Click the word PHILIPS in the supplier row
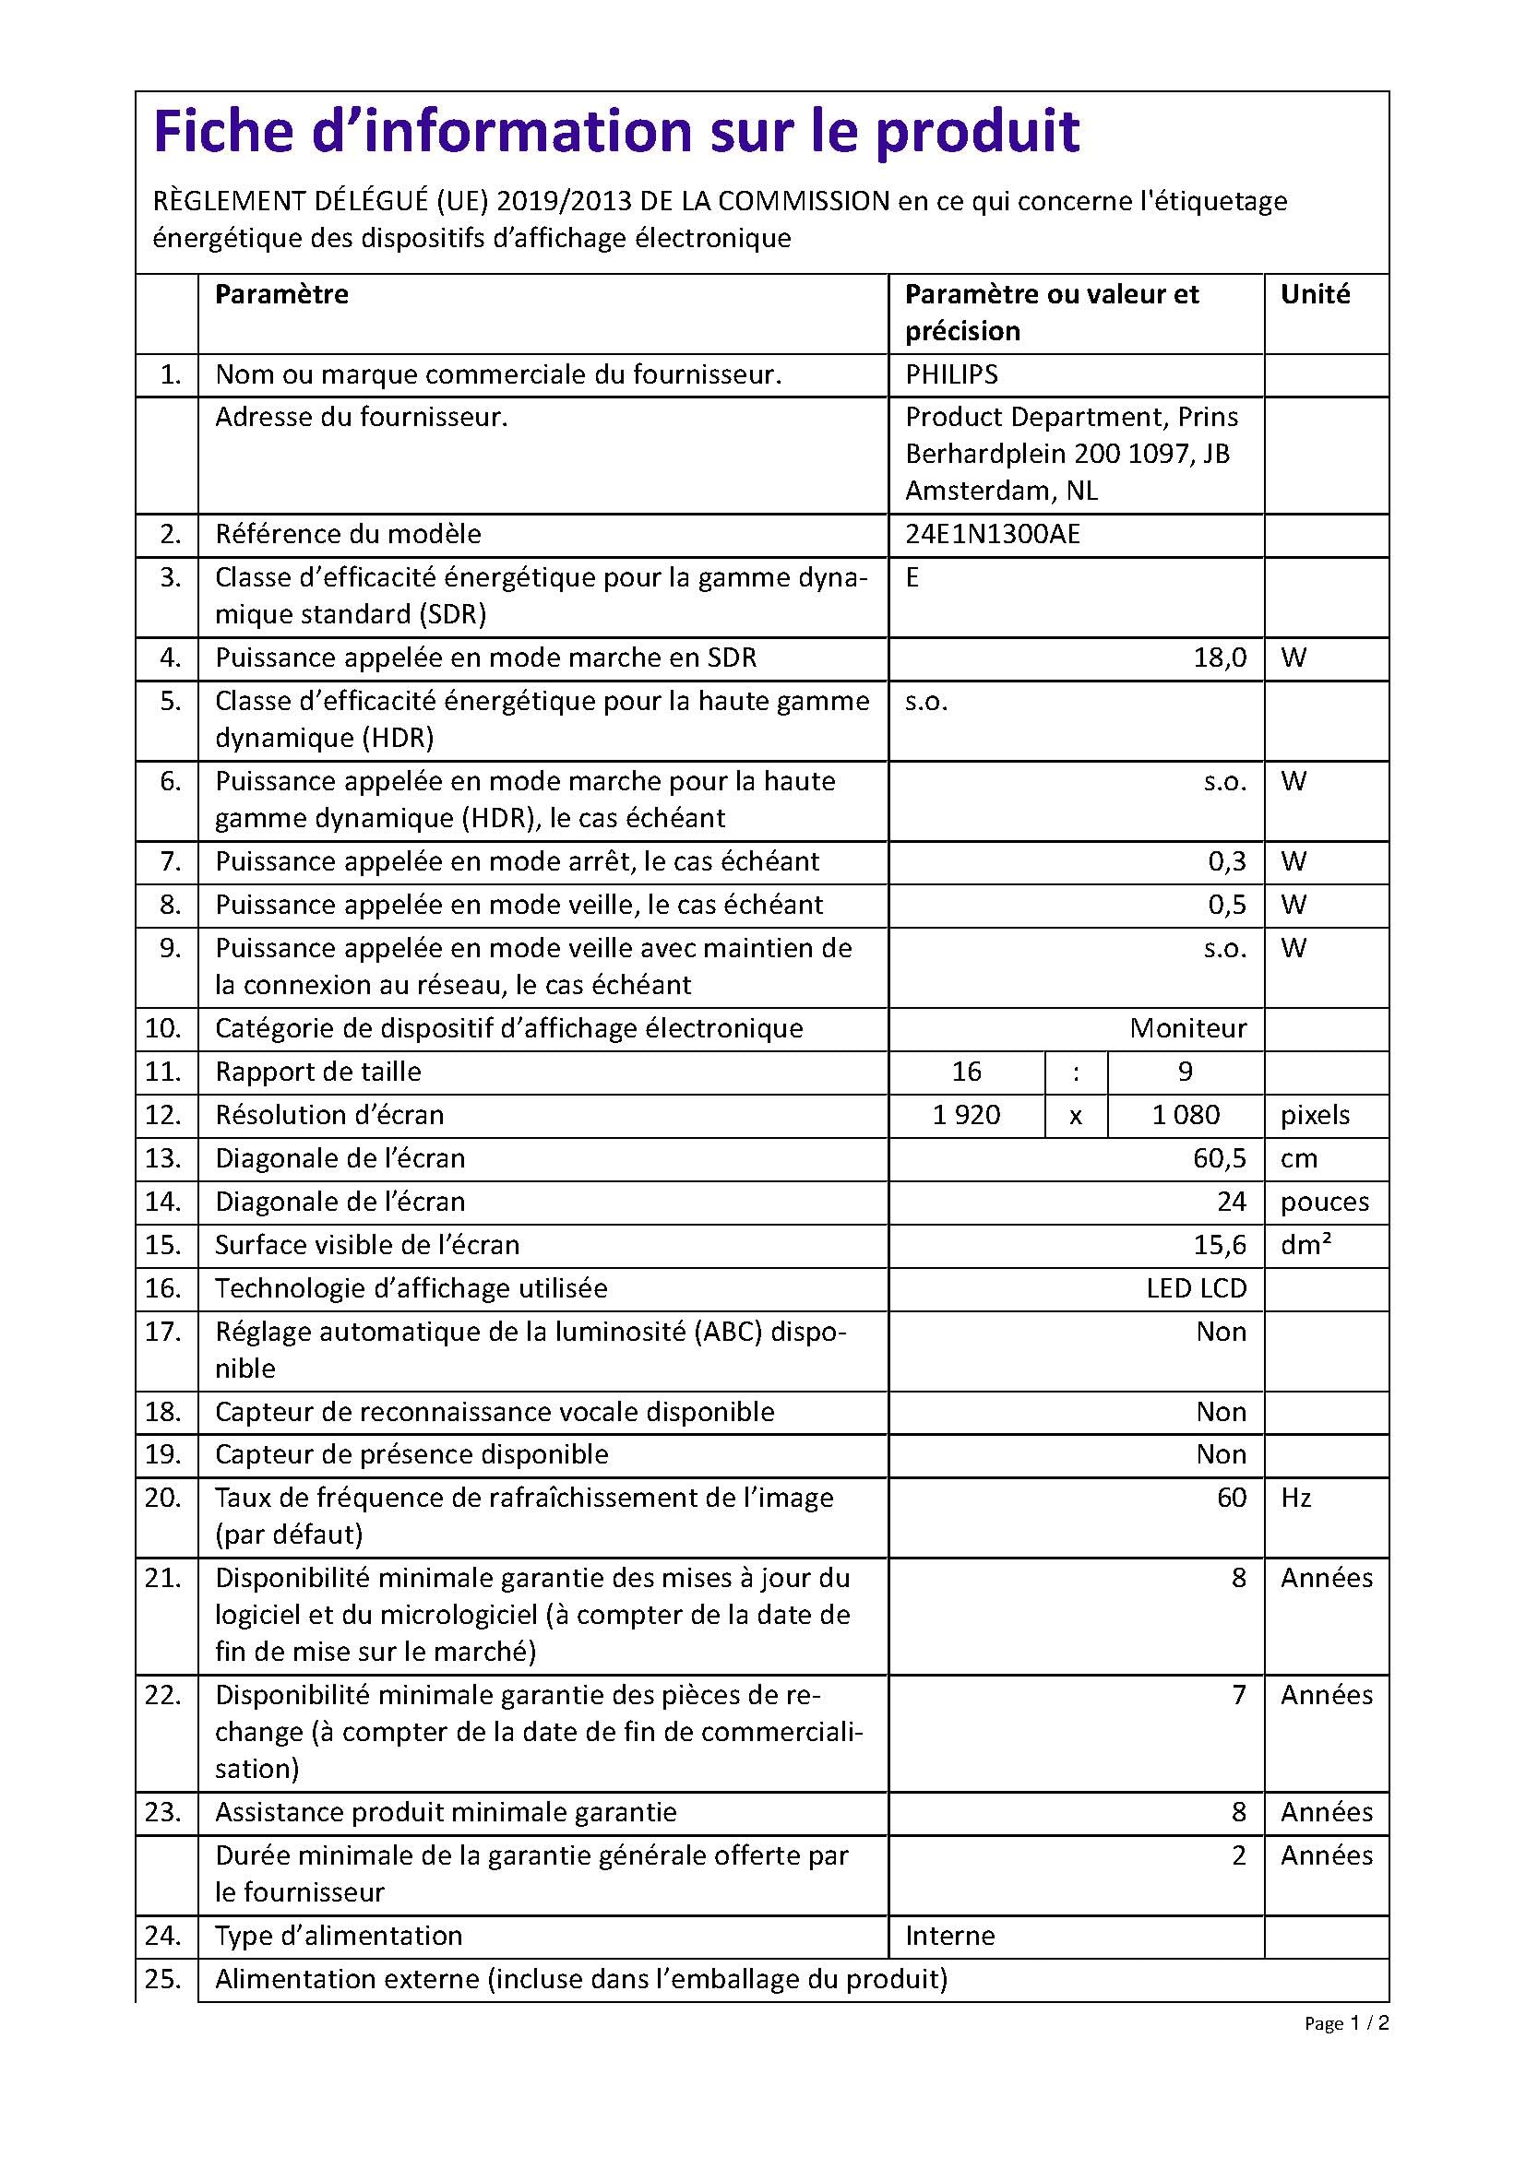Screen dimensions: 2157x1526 951,374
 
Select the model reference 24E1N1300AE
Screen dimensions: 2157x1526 993,535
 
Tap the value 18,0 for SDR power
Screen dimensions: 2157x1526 1219,658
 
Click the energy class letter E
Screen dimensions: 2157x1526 912,578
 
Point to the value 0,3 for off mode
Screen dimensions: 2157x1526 1226,861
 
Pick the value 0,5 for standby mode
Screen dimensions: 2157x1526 1226,905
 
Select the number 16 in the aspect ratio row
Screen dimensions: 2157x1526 966,1072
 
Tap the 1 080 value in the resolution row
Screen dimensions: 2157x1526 1185,1115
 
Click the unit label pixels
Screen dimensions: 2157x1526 1315,1115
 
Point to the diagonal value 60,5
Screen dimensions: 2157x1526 1219,1158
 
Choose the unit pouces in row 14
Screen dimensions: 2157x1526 1324,1202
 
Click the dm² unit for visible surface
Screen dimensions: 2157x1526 1305,1245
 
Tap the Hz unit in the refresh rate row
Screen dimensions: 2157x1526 1295,1498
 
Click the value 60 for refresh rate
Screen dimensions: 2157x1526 1231,1498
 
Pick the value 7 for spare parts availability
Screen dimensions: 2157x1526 1238,1695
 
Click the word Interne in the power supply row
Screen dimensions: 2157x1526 949,1937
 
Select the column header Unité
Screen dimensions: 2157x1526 1315,294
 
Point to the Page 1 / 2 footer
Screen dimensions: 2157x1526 1345,2023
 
